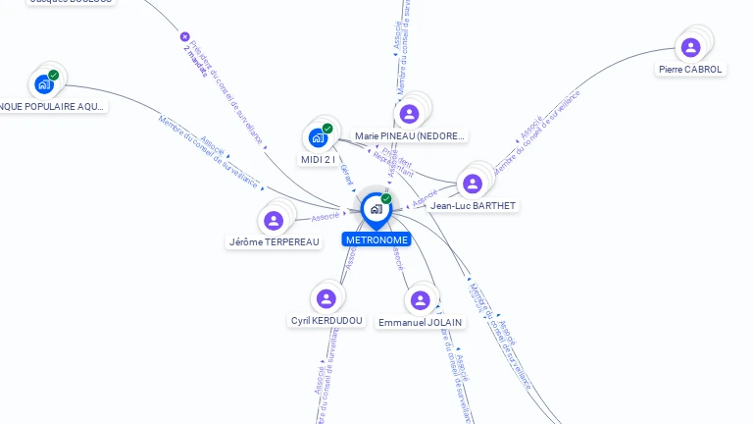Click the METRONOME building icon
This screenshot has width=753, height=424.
(376, 209)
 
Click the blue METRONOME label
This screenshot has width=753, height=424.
(376, 239)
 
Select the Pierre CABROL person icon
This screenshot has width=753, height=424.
(691, 47)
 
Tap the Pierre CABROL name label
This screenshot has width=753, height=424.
(691, 70)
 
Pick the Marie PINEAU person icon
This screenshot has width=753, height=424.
(410, 114)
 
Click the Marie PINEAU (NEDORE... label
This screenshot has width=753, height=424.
(410, 135)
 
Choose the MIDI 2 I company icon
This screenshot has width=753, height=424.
(318, 137)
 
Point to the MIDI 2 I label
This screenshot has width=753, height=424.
(318, 159)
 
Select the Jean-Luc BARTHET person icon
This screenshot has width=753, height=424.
(473, 184)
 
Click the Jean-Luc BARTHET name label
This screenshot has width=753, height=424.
(474, 206)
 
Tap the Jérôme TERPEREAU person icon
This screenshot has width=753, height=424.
(274, 221)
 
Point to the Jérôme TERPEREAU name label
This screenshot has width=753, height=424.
(275, 242)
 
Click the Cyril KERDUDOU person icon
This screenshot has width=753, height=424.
(326, 298)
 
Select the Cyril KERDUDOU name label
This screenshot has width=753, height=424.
(327, 321)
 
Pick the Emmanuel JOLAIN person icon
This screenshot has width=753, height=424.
(421, 300)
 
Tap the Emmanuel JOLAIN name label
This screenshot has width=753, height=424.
(421, 322)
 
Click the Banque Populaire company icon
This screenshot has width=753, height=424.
(44, 84)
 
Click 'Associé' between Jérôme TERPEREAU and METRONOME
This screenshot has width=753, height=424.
(326, 217)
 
